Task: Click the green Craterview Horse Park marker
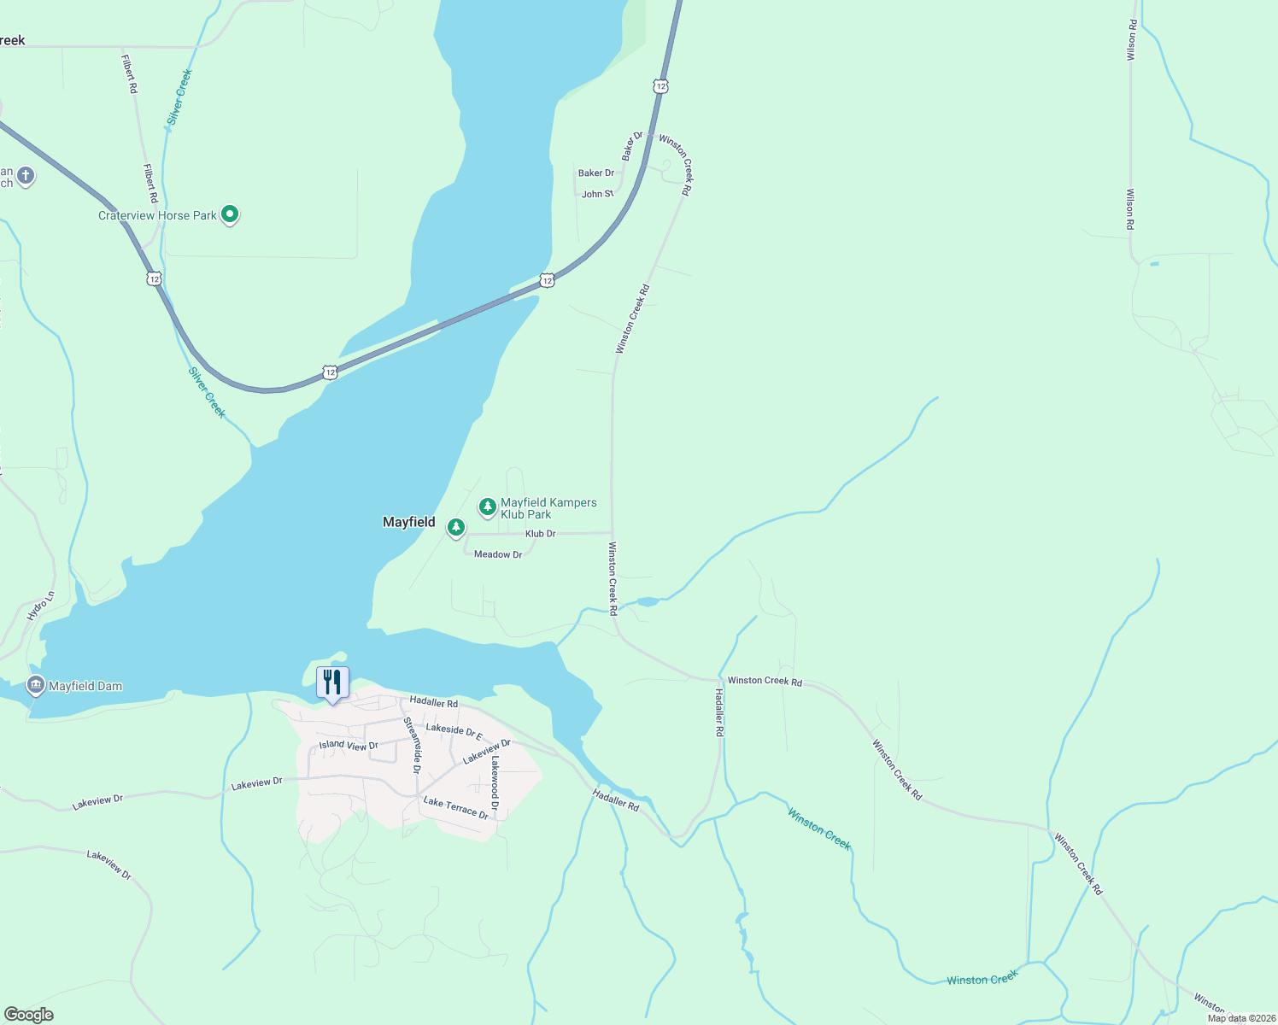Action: (x=229, y=214)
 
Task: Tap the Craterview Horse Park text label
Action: (x=157, y=215)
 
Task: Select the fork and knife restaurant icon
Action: (x=332, y=682)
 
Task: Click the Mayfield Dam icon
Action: (x=35, y=685)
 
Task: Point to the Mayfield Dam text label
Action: (x=85, y=686)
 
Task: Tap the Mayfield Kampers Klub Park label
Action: (x=548, y=508)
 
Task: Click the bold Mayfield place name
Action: (x=408, y=522)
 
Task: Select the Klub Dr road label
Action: (x=540, y=534)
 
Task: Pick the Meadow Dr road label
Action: (x=497, y=554)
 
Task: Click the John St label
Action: (x=597, y=194)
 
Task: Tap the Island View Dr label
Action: (x=349, y=745)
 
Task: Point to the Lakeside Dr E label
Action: (x=454, y=732)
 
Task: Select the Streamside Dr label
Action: (x=412, y=745)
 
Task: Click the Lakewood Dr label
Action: (x=495, y=782)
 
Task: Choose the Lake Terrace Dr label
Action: (x=455, y=807)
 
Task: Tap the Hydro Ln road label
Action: (x=40, y=606)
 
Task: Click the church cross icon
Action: (x=26, y=177)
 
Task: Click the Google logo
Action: (x=28, y=1014)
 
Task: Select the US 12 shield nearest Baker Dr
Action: (x=660, y=86)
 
